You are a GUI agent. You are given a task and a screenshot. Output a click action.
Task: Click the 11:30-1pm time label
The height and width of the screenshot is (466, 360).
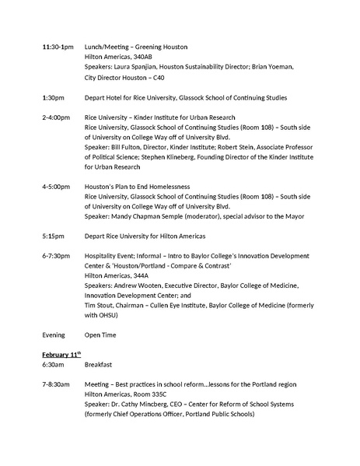tap(58, 47)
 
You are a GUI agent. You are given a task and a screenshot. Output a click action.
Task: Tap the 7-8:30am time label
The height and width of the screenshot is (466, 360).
tap(56, 384)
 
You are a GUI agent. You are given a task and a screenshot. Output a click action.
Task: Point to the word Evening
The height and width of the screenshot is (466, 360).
tap(54, 335)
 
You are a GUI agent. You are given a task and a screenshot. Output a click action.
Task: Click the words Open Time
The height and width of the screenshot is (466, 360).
tap(100, 335)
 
